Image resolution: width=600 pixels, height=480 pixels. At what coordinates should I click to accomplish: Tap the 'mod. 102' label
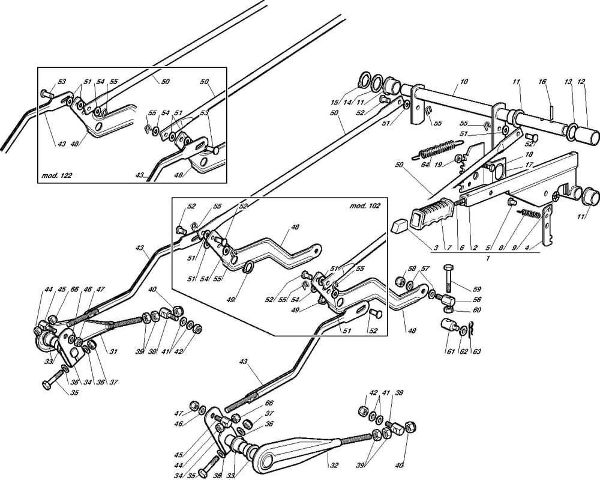tap(365, 205)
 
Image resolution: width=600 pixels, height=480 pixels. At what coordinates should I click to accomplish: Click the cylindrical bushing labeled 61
tap(449, 328)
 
